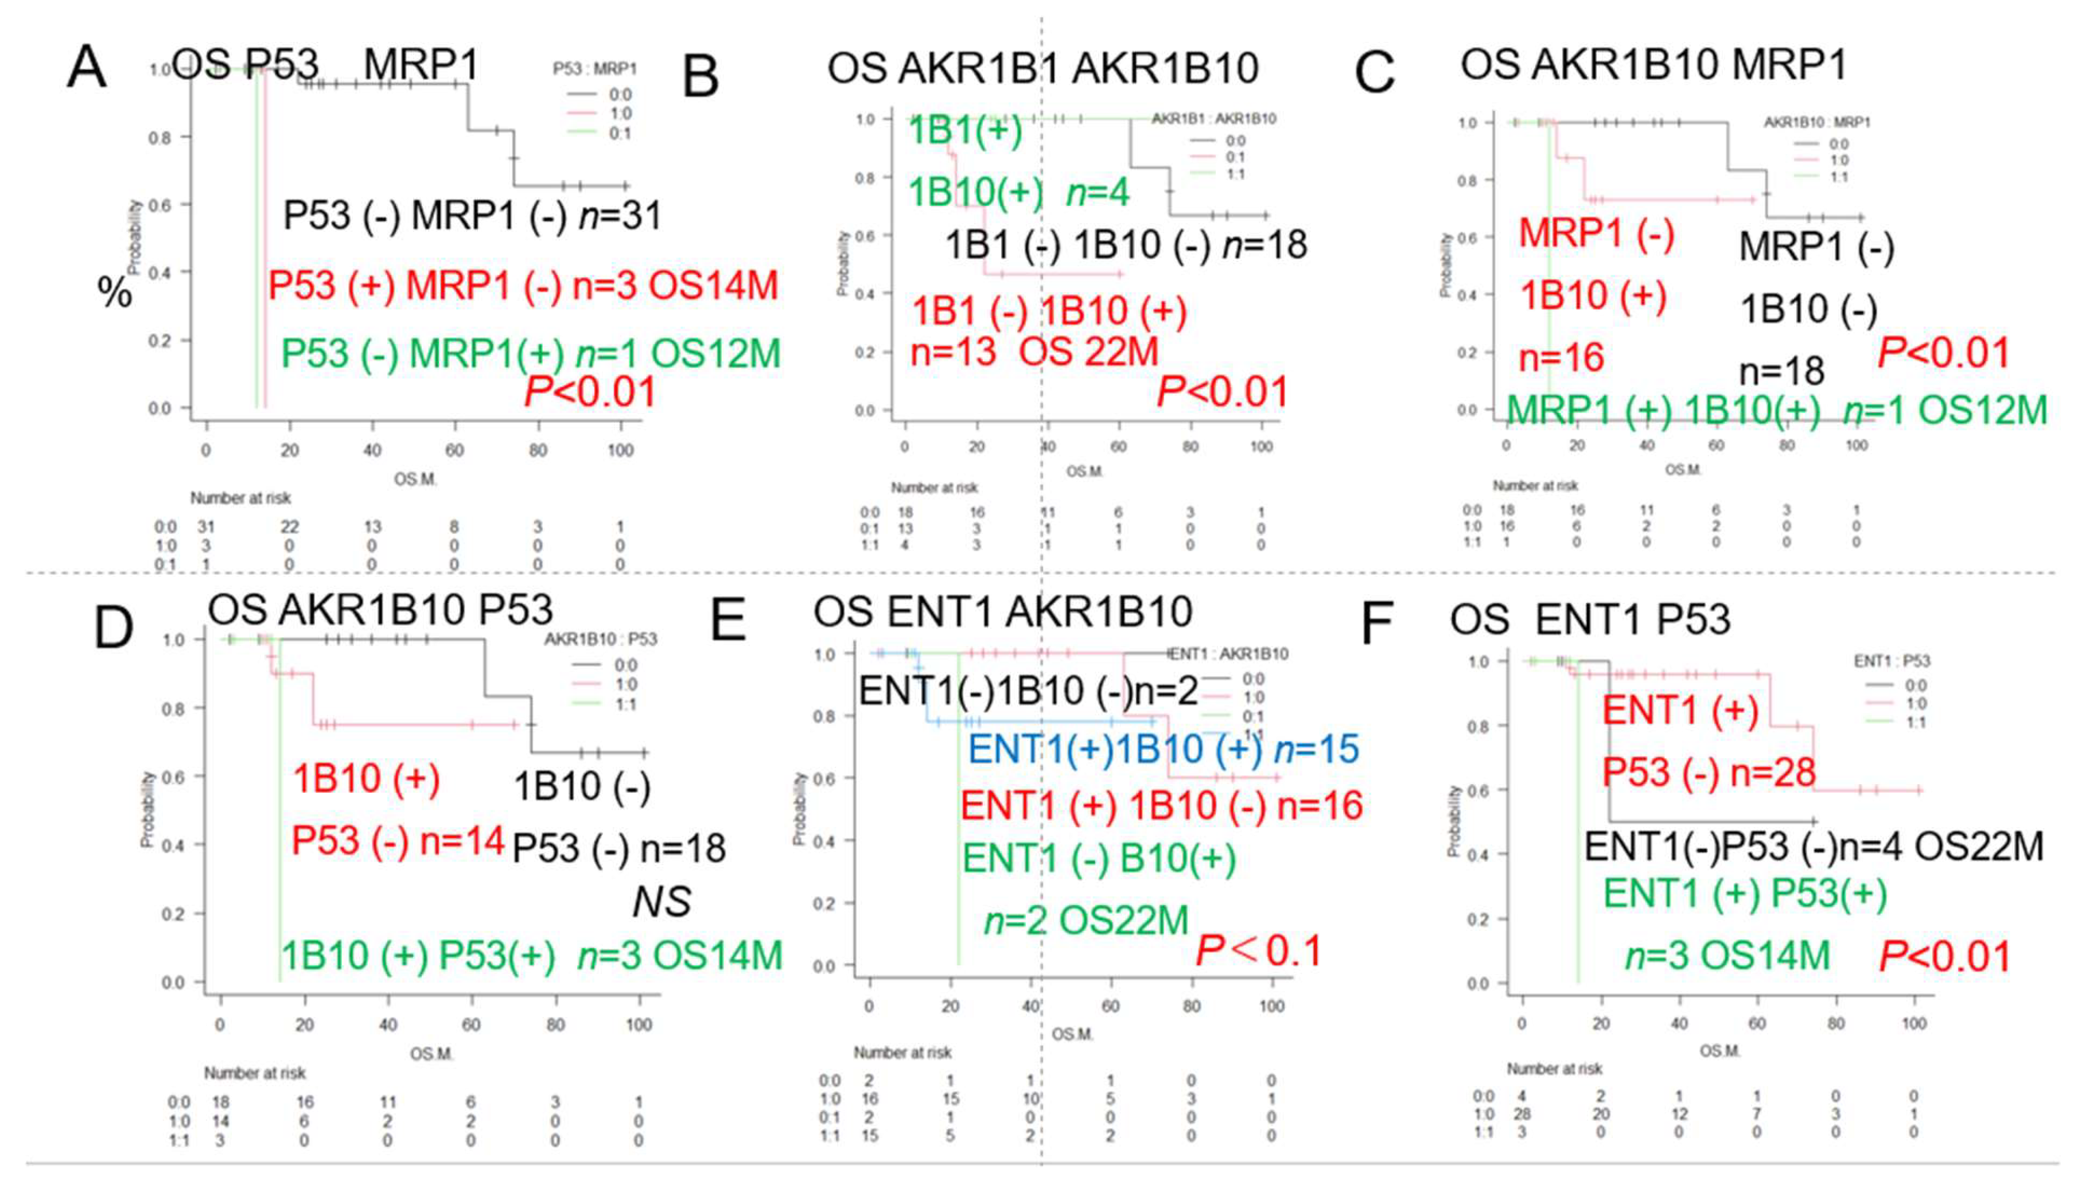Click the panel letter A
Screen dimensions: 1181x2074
[87, 67]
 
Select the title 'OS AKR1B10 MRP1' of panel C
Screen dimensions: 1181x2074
[1653, 65]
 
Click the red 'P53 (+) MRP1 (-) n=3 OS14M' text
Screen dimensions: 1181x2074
[523, 286]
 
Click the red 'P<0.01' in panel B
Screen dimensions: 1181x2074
[1221, 392]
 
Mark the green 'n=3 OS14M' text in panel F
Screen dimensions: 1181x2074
[1727, 956]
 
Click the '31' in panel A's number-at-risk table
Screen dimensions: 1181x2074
[206, 527]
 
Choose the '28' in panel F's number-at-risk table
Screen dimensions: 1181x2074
[1522, 1114]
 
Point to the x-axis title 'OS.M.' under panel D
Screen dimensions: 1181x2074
[431, 1054]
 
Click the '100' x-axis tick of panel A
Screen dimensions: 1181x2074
[621, 450]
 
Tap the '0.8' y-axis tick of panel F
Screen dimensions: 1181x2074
[1478, 727]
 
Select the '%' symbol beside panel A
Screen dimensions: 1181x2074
[114, 292]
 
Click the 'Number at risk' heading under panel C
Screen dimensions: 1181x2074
[1535, 486]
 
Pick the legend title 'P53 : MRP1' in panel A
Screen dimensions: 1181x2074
[594, 69]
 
